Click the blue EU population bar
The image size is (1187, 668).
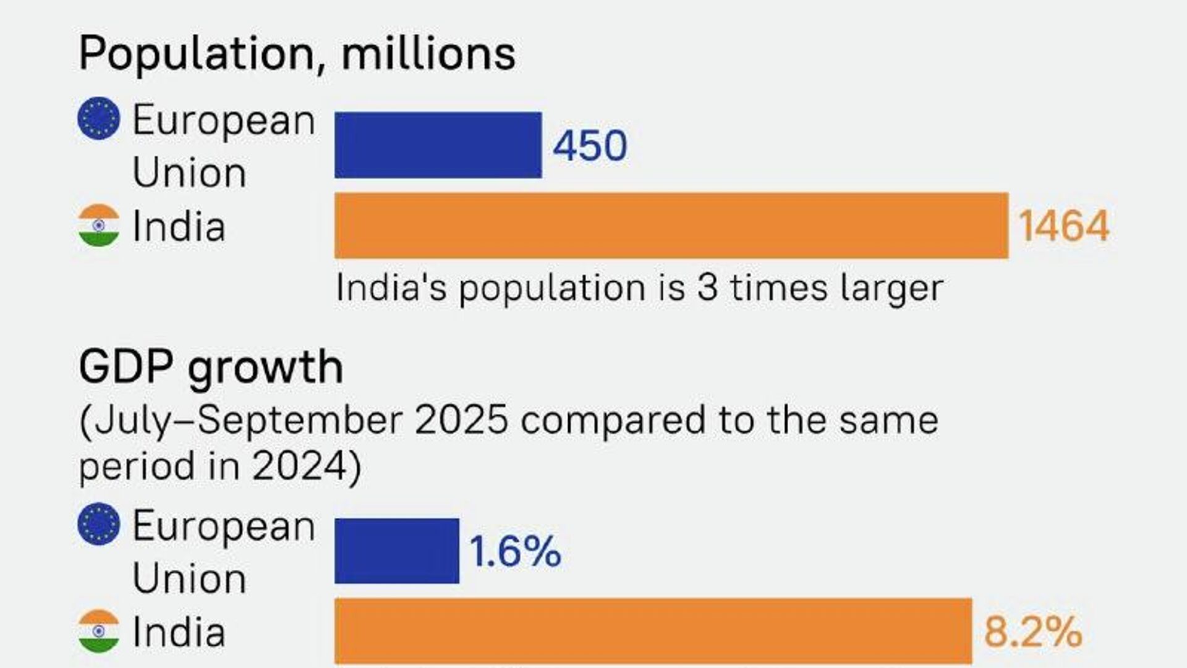point(438,145)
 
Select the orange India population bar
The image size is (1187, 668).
point(671,226)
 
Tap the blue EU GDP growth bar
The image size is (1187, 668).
point(397,551)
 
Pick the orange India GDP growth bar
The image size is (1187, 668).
point(653,631)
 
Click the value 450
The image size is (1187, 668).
point(590,146)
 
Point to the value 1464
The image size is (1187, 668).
point(1063,226)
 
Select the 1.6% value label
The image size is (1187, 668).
point(515,551)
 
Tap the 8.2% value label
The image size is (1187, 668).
point(1032,632)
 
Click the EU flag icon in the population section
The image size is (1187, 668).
point(99,118)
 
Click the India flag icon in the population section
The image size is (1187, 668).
point(99,226)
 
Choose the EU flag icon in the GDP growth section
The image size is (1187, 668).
point(99,524)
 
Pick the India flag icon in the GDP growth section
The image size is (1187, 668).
point(99,631)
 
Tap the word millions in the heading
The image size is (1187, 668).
point(428,53)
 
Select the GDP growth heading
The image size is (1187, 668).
point(211,368)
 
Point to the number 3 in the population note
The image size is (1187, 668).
point(707,288)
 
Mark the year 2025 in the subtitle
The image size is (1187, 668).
point(461,421)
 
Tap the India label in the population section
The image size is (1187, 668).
point(179,226)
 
